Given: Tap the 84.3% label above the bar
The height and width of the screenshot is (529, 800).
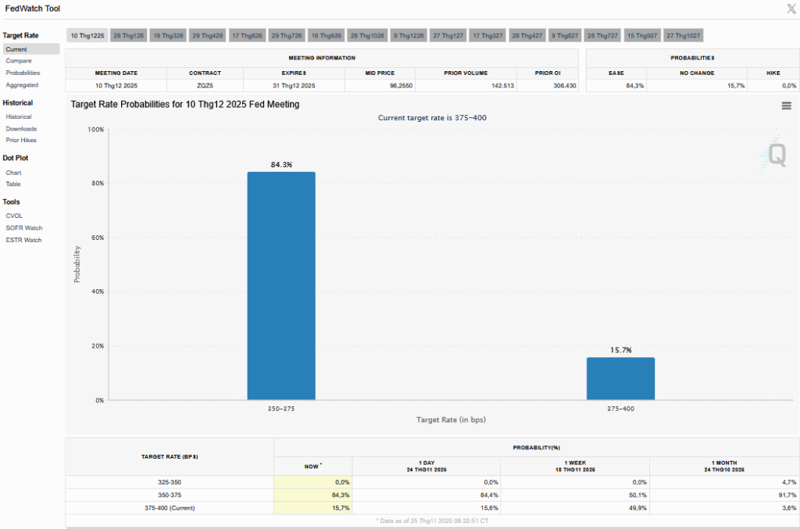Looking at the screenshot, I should tap(281, 165).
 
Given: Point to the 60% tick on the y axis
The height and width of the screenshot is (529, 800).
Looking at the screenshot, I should tap(98, 238).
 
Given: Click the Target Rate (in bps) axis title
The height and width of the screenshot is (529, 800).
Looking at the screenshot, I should tap(451, 420).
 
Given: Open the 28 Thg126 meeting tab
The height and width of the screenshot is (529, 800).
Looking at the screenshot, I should tap(128, 36).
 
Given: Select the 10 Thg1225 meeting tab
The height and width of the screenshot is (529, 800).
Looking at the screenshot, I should tap(87, 36).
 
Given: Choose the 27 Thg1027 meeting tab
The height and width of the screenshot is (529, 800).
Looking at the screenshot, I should tap(684, 36).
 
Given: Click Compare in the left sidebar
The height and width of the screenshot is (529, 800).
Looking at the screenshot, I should tap(19, 60).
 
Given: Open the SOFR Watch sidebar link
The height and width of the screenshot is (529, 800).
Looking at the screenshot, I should tap(24, 228).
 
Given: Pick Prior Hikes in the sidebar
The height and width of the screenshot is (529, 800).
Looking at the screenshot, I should tap(21, 140).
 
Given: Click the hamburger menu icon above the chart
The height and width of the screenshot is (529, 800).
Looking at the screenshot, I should tap(786, 106).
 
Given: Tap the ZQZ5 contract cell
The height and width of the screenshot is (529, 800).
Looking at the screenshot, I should tap(205, 85).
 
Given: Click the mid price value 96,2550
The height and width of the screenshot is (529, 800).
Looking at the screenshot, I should tap(380, 85).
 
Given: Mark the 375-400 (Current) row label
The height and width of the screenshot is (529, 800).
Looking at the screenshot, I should tap(170, 508).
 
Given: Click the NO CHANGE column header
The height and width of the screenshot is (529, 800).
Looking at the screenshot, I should tap(697, 73).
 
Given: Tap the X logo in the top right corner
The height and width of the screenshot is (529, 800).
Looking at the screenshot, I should tap(791, 9).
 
